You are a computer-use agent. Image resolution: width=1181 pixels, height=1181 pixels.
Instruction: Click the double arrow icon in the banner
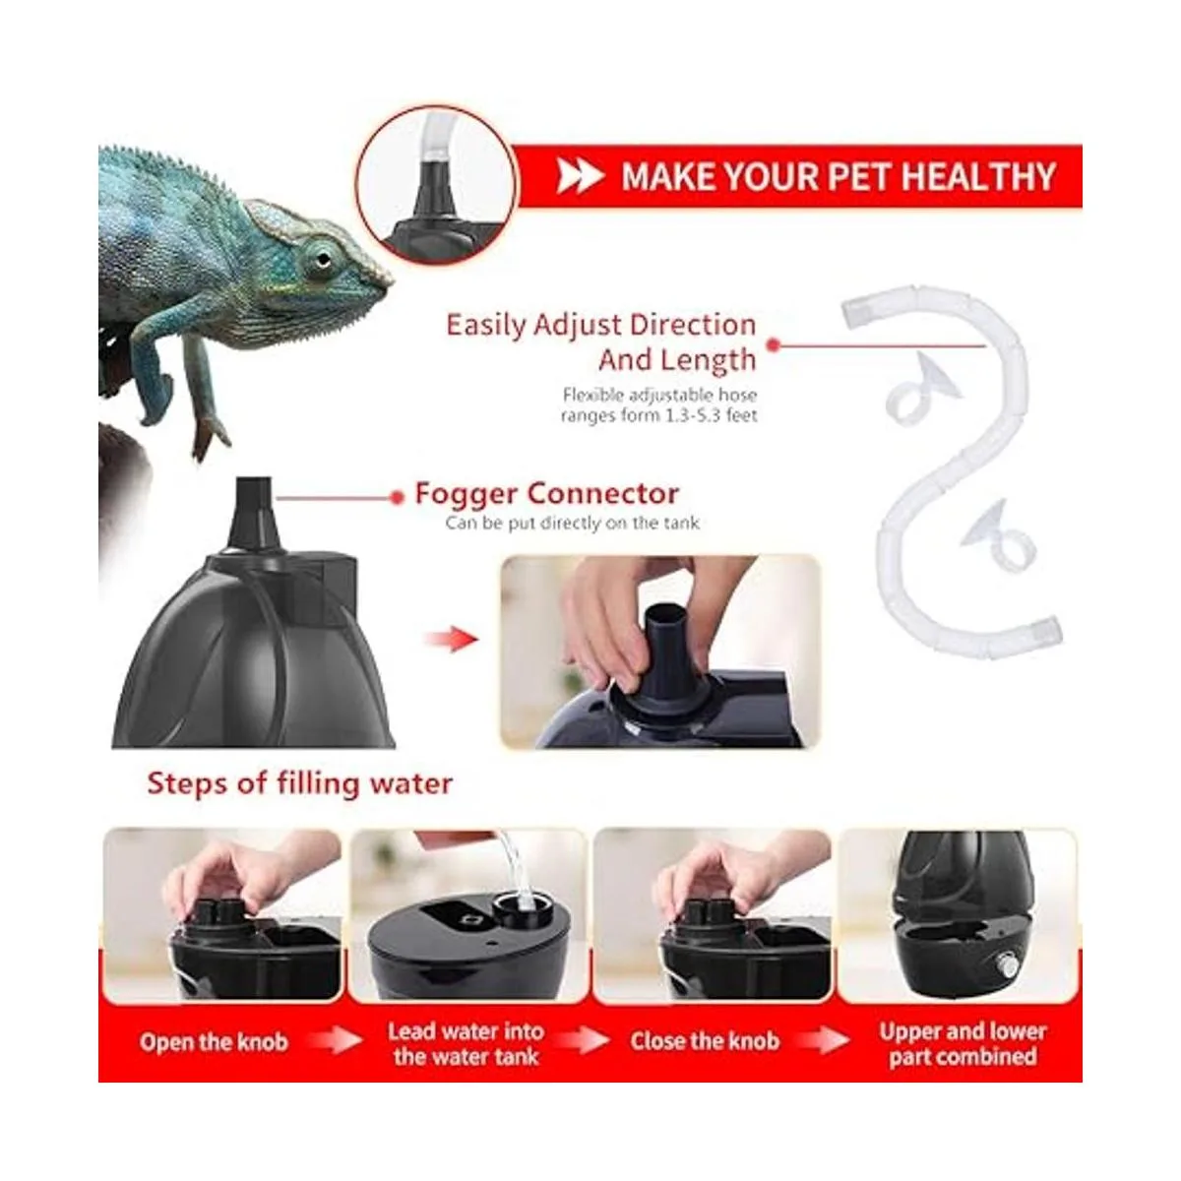[579, 177]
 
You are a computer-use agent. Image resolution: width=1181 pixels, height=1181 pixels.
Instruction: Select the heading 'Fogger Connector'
[546, 493]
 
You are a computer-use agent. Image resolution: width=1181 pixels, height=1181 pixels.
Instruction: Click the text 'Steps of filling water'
[299, 783]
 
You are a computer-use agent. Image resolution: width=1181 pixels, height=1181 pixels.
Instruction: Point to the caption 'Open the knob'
[214, 1042]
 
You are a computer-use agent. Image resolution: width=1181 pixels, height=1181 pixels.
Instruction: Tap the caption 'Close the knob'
[705, 1041]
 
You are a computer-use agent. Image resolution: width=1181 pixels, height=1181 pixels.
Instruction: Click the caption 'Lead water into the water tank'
[466, 1044]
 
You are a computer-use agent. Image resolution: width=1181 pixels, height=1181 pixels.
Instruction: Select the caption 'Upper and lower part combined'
[963, 1044]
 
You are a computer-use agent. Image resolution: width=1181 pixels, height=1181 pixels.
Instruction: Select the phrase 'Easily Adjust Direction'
[600, 325]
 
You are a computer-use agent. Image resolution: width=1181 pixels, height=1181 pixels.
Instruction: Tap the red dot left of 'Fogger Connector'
[397, 497]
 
